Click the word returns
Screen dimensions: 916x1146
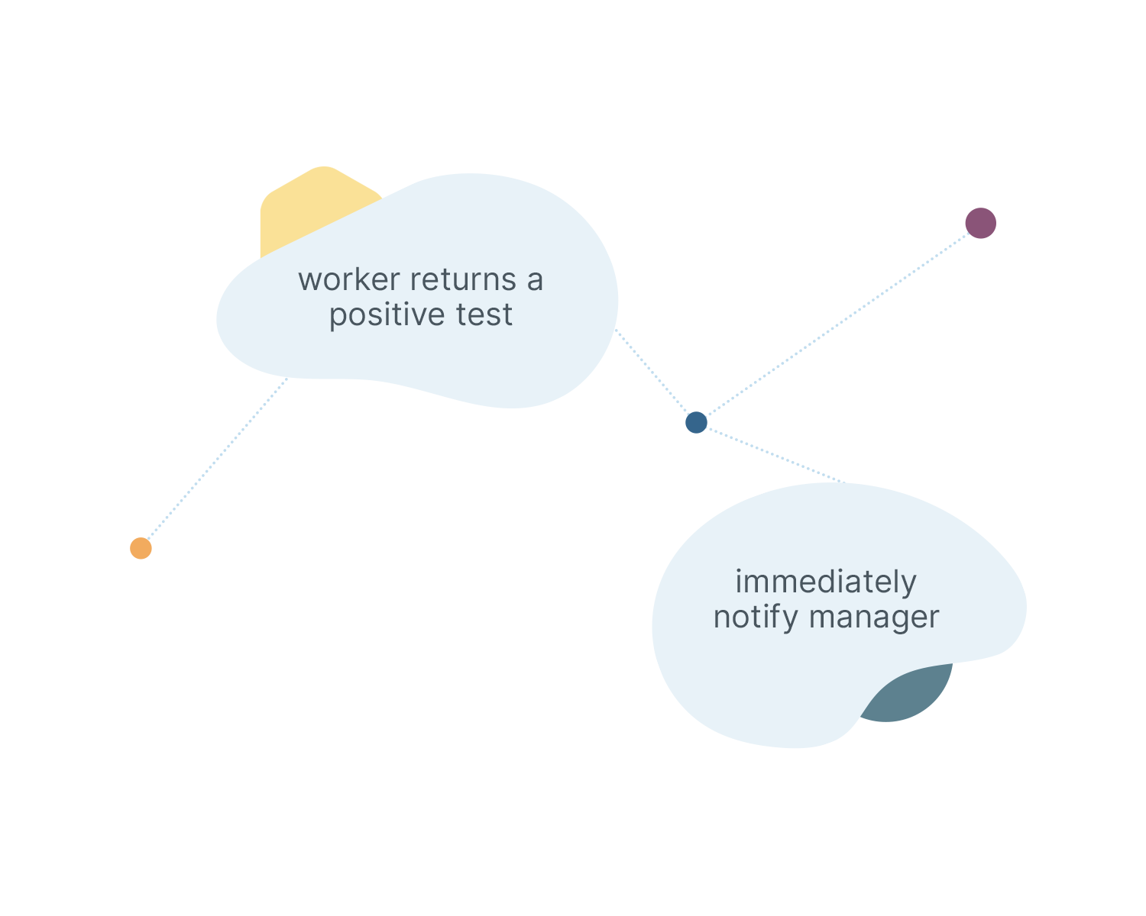(x=463, y=280)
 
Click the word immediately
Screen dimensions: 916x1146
(x=825, y=582)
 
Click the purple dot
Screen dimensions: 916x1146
(x=980, y=223)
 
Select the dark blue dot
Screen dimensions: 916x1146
(x=696, y=422)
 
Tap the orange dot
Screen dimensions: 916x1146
(x=141, y=548)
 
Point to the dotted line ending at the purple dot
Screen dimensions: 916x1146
(x=879, y=294)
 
